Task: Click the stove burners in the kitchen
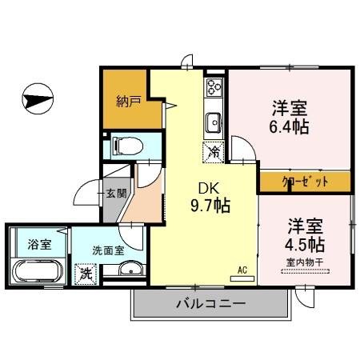(x=214, y=86)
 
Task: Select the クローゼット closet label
(x=305, y=182)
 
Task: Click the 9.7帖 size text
(x=210, y=206)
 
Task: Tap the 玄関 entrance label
(x=114, y=192)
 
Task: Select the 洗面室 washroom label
(x=108, y=250)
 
